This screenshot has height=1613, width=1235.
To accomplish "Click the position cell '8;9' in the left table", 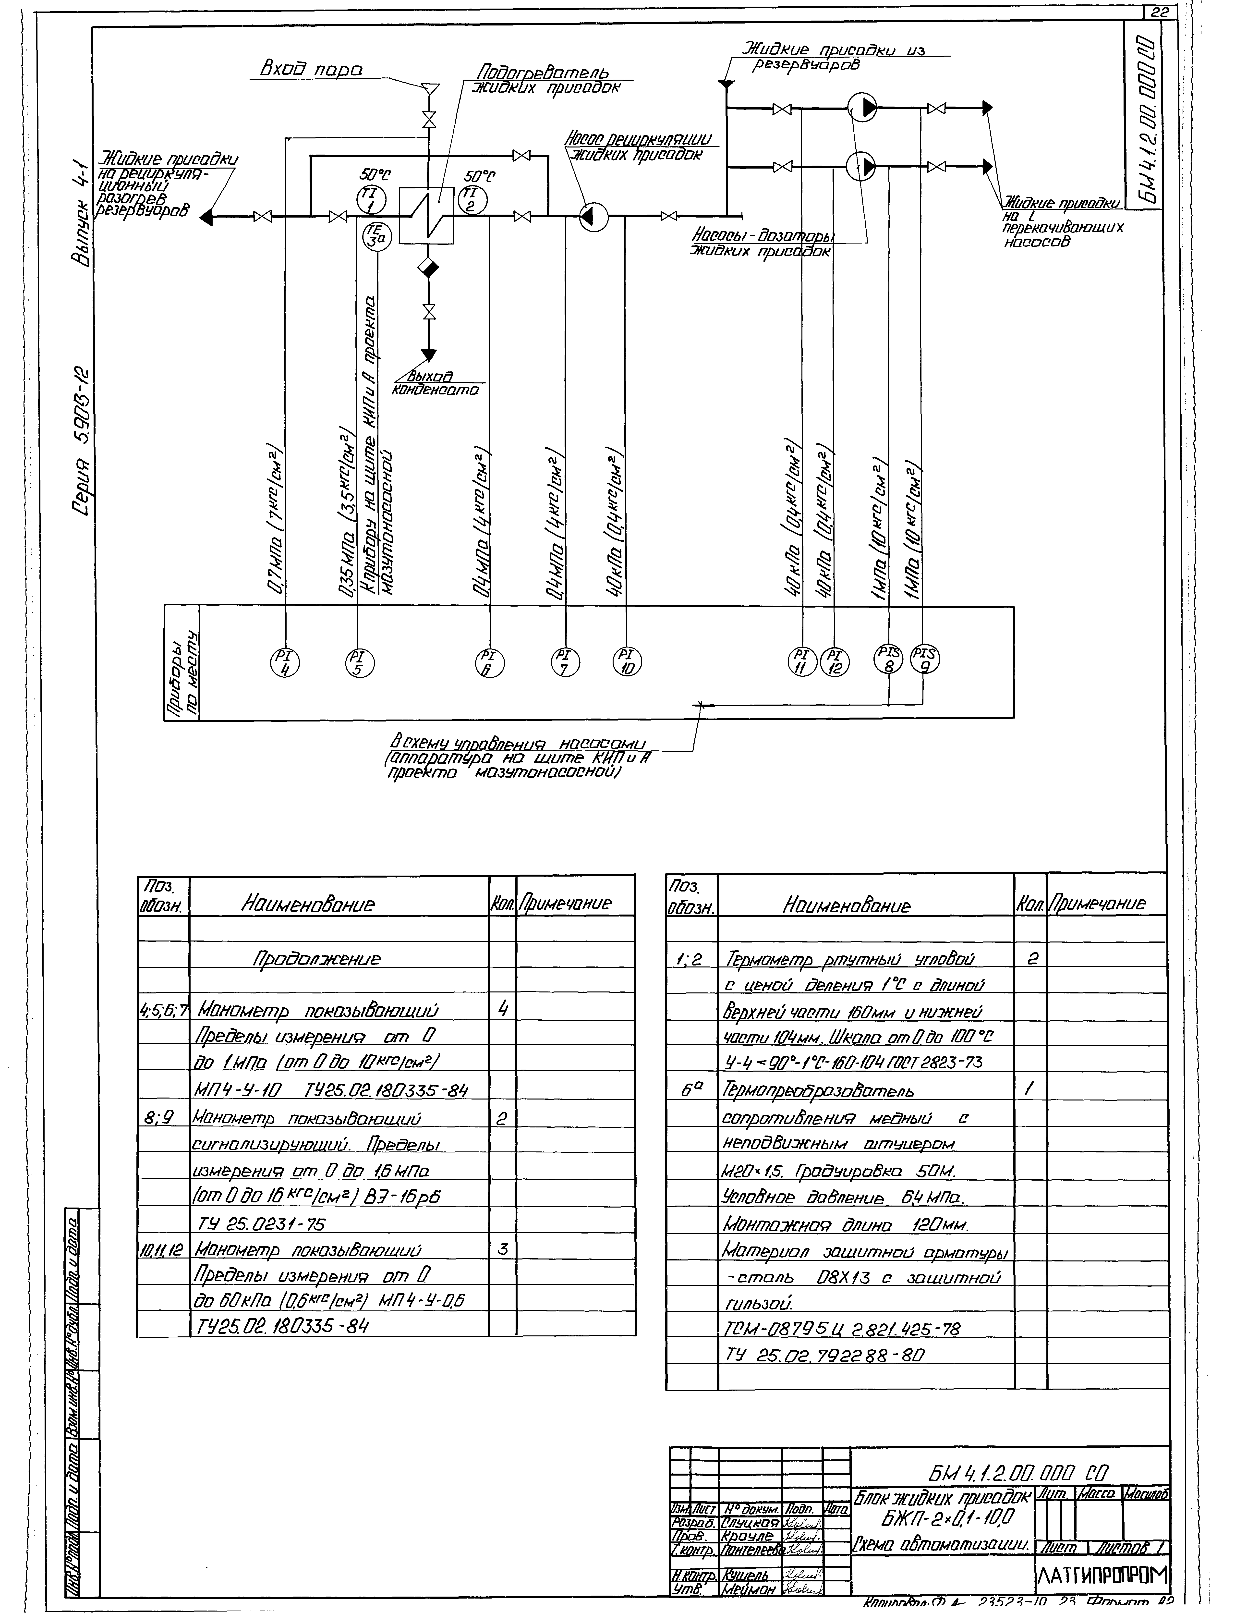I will (x=163, y=1119).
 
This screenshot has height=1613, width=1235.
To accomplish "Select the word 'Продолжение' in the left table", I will (x=317, y=959).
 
